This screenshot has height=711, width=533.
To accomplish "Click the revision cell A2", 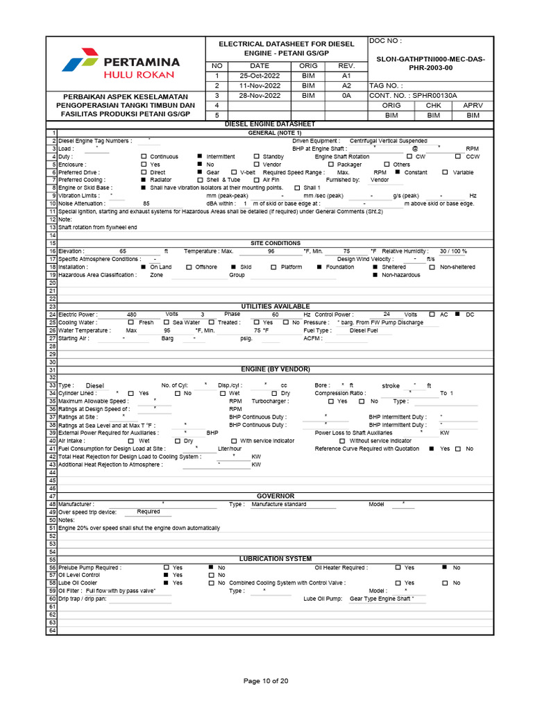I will [346, 85].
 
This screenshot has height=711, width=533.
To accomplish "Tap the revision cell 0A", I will [346, 95].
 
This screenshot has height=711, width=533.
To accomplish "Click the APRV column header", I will [472, 105].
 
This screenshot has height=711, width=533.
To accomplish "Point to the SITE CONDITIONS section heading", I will [276, 243].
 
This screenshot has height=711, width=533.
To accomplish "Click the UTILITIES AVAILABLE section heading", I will [276, 306].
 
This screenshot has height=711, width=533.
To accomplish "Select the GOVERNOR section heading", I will [276, 496].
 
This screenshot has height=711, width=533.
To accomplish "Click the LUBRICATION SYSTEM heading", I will [276, 559].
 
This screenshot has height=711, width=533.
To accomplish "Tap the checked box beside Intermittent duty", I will [200, 156].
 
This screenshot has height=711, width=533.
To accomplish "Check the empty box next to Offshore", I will [189, 267].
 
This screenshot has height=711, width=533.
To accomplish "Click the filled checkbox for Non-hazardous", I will [375, 275].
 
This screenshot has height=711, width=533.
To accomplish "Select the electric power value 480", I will [132, 315].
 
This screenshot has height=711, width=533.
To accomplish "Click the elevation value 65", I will [123, 251].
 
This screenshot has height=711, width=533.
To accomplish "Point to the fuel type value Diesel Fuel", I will [364, 331].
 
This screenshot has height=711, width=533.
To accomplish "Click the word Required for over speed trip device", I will [149, 512].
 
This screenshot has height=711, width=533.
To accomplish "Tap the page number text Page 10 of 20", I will [266, 681].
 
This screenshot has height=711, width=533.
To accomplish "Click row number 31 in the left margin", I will [51, 369].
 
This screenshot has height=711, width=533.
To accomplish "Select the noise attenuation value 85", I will [146, 203].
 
